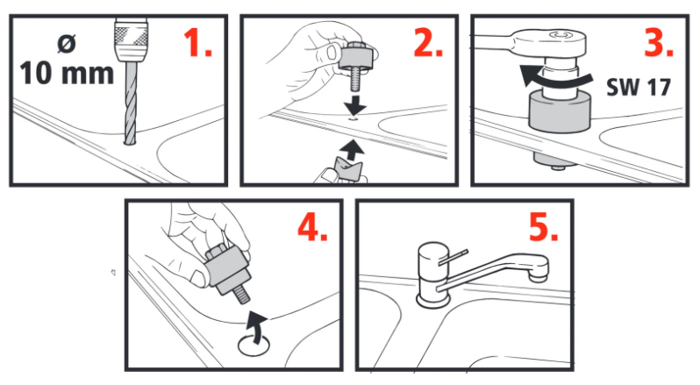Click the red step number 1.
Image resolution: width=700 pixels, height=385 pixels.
(197, 42)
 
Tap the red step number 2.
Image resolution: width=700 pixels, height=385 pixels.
(428, 42)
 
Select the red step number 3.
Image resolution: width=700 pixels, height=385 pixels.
(659, 42)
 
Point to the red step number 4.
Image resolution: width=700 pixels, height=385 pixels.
(312, 226)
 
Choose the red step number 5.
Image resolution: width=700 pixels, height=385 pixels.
(543, 226)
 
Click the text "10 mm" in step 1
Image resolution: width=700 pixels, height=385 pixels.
(67, 73)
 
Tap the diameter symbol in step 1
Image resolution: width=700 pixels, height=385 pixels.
(67, 44)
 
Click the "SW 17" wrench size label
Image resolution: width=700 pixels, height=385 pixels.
(639, 87)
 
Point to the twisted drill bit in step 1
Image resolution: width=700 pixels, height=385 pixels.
(130, 103)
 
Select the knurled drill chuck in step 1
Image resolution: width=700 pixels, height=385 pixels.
(131, 40)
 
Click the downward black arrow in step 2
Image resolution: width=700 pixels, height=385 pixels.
(355, 104)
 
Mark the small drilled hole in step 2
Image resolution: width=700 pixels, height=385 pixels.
(354, 119)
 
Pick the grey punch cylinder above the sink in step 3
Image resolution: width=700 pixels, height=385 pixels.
(560, 111)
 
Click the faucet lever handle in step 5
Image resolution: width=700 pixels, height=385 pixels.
(454, 258)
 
